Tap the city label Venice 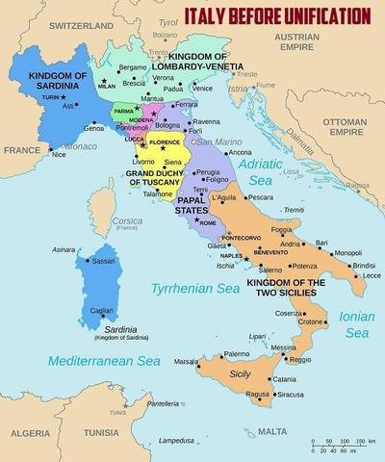tap(203, 88)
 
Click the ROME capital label tap(207, 222)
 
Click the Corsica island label tap(126, 220)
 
